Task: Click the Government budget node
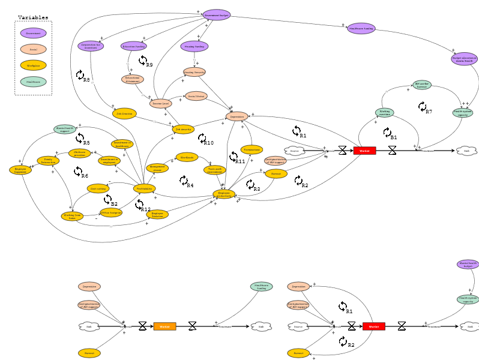pos(216,14)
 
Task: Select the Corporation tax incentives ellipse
pos(91,46)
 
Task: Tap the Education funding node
pos(134,46)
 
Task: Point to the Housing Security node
pos(194,72)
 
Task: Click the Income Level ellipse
pos(161,103)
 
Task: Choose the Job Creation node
pos(124,113)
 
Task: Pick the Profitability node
pos(144,188)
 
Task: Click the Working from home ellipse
pos(72,216)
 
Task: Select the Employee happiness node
pos(20,170)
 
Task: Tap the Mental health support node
pos(65,129)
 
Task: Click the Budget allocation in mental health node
pos(464,59)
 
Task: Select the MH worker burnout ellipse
pos(422,85)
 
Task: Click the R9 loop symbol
pos(143,61)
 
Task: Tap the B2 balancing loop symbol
pos(108,199)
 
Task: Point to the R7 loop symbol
pos(423,107)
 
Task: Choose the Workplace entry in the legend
pos(33,65)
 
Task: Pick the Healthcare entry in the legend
pos(33,81)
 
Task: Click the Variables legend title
pos(33,18)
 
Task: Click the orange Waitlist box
pos(165,326)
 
